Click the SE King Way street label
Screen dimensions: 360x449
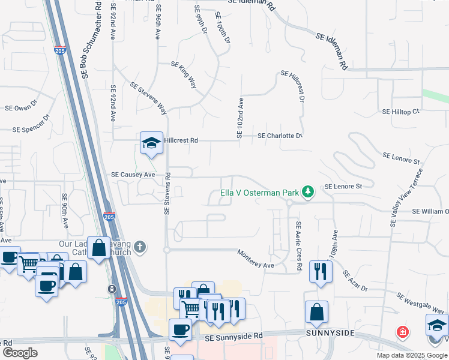tap(184, 74)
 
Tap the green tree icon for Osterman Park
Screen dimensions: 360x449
tap(308, 192)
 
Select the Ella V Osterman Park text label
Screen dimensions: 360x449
tap(259, 193)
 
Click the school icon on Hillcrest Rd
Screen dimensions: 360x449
tap(151, 143)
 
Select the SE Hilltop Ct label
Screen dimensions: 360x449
tap(400, 112)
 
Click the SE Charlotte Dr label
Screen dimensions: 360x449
tap(279, 136)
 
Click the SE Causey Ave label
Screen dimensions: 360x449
tap(133, 175)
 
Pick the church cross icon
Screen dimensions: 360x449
tap(140, 247)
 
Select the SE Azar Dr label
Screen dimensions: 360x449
tap(355, 281)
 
